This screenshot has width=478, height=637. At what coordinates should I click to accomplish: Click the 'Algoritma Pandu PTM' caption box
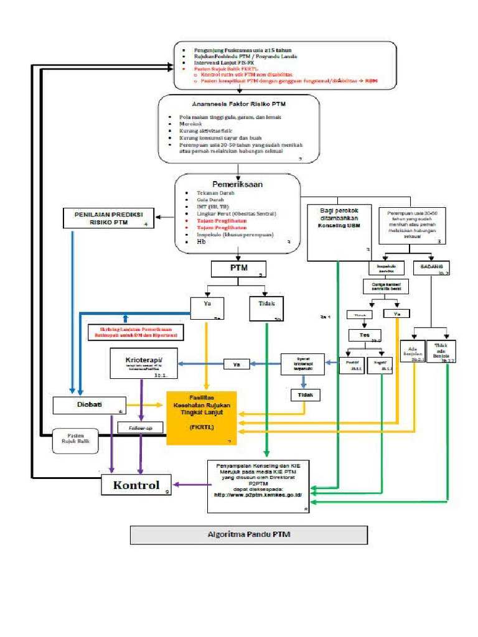(x=248, y=534)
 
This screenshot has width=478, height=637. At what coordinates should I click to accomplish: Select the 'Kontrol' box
(x=136, y=485)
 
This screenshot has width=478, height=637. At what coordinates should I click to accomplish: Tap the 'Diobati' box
(x=90, y=405)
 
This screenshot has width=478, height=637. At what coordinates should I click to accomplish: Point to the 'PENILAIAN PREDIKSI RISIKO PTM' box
(x=109, y=218)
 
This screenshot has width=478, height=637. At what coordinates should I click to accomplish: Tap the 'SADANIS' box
(x=433, y=267)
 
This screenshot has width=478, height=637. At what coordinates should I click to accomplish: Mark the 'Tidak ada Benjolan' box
(x=441, y=351)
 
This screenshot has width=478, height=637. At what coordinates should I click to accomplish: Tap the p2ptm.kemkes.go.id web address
(x=258, y=495)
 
